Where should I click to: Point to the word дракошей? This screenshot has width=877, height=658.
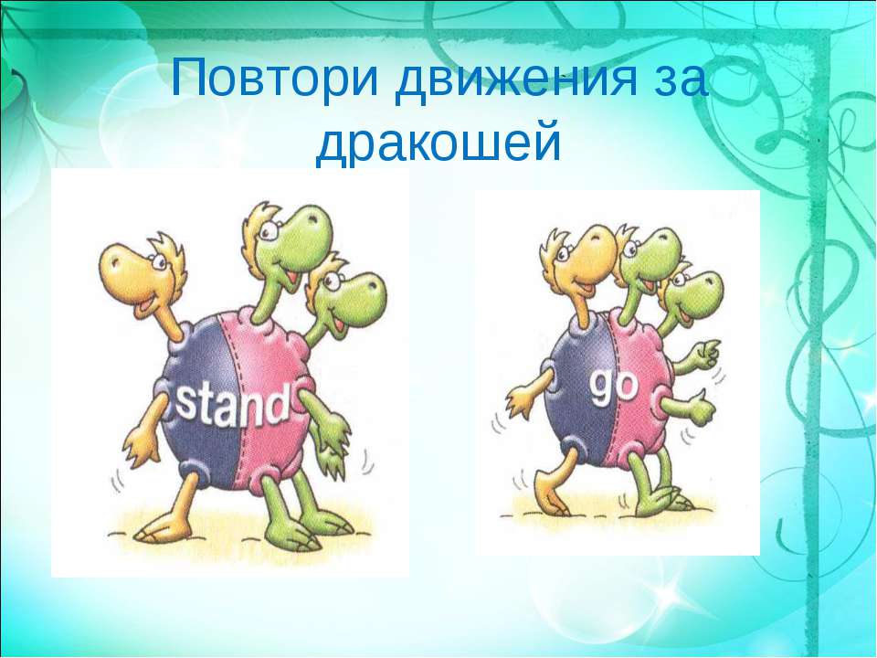coord(438,141)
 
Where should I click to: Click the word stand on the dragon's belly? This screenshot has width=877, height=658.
coord(232,402)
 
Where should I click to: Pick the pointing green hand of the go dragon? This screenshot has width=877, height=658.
coord(706,354)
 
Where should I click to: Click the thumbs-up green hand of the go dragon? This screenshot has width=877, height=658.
coord(703,408)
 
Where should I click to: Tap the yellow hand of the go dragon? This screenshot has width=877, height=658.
coord(520,403)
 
